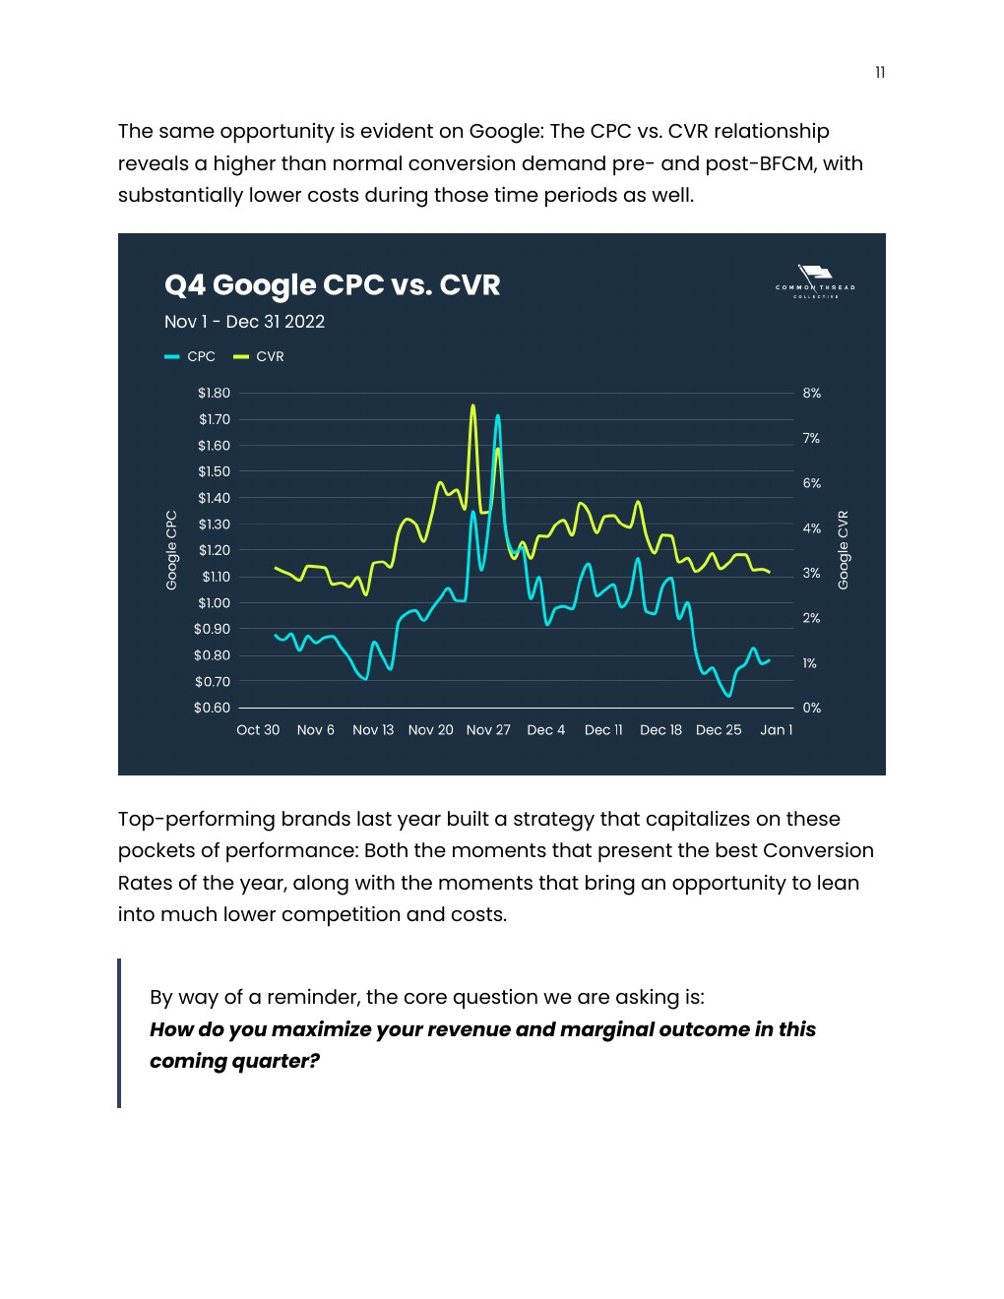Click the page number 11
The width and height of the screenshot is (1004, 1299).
(x=880, y=72)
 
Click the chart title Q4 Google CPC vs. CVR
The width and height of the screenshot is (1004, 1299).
(x=332, y=285)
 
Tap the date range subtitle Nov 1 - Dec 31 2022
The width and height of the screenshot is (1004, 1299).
(x=244, y=322)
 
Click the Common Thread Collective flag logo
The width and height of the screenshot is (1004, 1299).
(x=815, y=279)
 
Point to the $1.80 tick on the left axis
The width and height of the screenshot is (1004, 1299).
(x=214, y=393)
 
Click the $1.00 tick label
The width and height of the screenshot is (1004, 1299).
(x=214, y=602)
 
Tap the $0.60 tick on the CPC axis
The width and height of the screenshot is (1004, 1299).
(x=213, y=708)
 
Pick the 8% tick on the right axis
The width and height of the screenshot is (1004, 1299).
(x=811, y=393)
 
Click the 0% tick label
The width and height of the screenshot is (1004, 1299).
(x=811, y=708)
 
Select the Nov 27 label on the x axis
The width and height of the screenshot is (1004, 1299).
(x=488, y=730)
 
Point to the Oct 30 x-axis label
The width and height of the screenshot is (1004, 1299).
(x=258, y=730)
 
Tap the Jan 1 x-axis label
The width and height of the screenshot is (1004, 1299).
(x=776, y=730)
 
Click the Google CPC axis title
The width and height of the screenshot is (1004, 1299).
(x=171, y=550)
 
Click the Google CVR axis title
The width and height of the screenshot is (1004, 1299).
(x=843, y=550)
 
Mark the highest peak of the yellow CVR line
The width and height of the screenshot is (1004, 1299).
(x=473, y=404)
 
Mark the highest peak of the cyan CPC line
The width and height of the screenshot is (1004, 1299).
(x=497, y=415)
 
